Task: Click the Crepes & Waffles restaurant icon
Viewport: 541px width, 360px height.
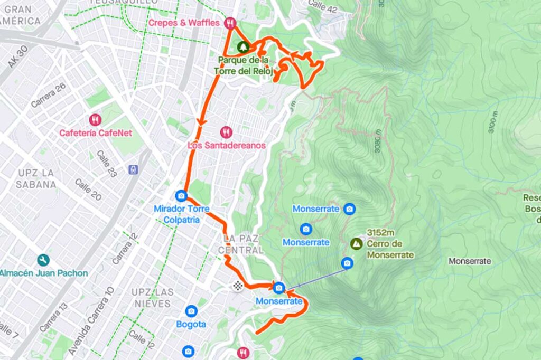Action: (229, 23)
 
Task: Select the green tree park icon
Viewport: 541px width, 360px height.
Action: (242, 47)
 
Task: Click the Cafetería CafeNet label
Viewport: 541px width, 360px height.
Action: (95, 133)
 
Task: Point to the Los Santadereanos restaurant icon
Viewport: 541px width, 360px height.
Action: (226, 132)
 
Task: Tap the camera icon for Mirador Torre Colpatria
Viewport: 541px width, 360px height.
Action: (181, 196)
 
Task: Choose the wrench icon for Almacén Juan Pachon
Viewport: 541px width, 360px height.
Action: (43, 260)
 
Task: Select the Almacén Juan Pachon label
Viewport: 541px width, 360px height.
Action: (43, 273)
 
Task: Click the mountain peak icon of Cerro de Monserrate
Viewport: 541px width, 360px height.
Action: (357, 243)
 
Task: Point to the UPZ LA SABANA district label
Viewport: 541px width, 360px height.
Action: (36, 178)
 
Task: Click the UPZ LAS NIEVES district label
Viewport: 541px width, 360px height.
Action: (152, 298)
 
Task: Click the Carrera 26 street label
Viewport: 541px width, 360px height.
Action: (48, 95)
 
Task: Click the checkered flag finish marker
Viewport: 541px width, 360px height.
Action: (238, 286)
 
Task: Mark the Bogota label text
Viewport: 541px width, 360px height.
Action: (191, 324)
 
